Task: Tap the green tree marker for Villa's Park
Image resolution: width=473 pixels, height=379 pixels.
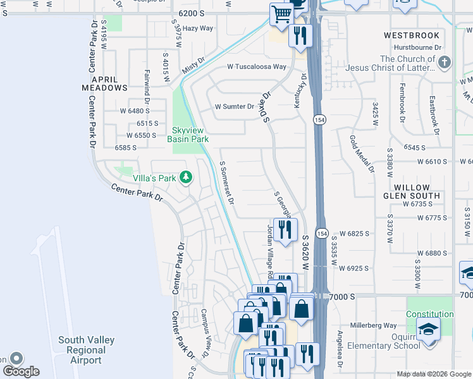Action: pyautogui.click(x=186, y=177)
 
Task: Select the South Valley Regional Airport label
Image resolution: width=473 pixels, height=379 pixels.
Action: pyautogui.click(x=86, y=350)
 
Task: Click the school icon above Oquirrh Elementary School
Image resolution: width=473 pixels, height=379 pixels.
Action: pyautogui.click(x=428, y=330)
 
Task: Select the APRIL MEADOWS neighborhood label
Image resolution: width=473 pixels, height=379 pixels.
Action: pyautogui.click(x=105, y=83)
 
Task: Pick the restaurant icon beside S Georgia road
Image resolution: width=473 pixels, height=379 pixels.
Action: pyautogui.click(x=287, y=229)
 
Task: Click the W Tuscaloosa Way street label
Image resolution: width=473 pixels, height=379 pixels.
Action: pyautogui.click(x=257, y=67)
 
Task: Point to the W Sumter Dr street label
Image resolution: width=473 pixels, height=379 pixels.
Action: pyautogui.click(x=233, y=107)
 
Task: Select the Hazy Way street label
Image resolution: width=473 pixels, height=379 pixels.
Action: pyautogui.click(x=198, y=28)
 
